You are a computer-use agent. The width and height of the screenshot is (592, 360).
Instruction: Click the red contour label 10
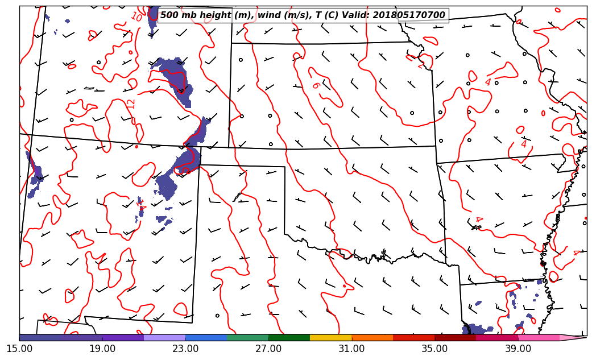point(136,17)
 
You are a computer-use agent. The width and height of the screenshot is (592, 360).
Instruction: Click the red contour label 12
point(131,104)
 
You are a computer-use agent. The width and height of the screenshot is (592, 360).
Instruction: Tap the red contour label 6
point(316,85)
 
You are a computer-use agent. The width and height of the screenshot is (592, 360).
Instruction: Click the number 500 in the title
point(169,15)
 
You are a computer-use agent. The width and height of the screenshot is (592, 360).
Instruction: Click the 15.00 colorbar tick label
point(19,348)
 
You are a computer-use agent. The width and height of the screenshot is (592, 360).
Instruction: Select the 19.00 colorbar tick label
point(102,348)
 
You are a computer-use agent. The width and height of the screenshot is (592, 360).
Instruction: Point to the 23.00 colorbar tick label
point(185,348)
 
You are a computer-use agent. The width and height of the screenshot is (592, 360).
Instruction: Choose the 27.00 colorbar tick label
point(268,348)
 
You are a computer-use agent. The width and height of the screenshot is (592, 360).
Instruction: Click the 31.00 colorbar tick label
point(351,348)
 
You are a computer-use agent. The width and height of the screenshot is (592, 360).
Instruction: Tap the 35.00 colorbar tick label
point(434,348)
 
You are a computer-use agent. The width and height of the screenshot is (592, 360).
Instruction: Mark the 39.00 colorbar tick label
point(518,348)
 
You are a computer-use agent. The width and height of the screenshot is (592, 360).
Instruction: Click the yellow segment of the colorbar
point(330,337)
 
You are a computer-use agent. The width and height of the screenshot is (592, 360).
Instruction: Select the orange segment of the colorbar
point(372,337)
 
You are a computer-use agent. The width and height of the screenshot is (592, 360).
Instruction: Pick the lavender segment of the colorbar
point(164,337)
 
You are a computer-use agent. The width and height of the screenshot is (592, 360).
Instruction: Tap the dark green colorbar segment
point(289,337)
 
